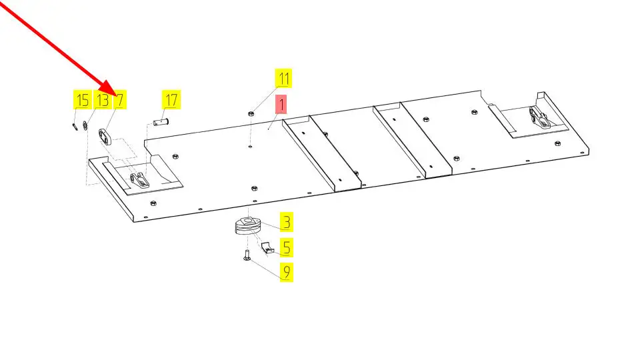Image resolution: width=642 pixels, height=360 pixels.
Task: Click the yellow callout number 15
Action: (x=82, y=99)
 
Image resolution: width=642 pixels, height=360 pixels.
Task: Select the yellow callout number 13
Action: (x=103, y=99)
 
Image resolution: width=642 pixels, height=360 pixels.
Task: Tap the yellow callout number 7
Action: (x=119, y=99)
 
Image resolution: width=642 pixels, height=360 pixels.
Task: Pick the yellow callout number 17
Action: (x=171, y=99)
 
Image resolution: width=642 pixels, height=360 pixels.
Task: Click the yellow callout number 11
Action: (x=283, y=78)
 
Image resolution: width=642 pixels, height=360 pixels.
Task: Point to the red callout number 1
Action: (x=281, y=105)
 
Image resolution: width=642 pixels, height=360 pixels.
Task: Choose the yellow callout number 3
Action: (x=286, y=223)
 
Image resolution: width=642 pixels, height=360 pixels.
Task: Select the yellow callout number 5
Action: (x=286, y=247)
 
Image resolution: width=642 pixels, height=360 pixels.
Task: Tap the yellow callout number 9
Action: (x=286, y=271)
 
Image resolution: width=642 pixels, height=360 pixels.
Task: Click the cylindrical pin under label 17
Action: (x=161, y=121)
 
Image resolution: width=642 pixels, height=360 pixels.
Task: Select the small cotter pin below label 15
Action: (x=75, y=127)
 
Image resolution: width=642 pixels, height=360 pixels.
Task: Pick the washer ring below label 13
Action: (x=85, y=125)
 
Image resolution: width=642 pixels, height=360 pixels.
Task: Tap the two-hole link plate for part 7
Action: (x=105, y=137)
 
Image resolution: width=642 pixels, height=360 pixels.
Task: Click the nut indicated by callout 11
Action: (x=251, y=113)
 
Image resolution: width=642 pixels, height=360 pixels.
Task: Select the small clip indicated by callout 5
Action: (x=267, y=247)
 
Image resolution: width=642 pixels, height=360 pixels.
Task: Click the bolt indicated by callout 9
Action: (x=247, y=255)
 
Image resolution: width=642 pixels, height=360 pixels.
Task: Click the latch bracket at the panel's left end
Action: (x=139, y=181)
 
